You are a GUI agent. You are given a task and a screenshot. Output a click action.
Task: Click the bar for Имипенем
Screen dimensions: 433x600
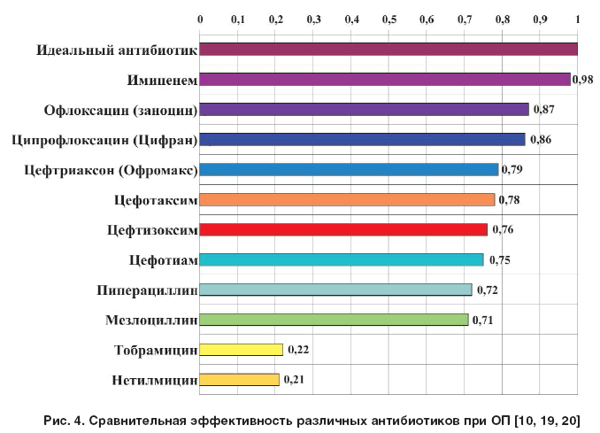click(x=385, y=80)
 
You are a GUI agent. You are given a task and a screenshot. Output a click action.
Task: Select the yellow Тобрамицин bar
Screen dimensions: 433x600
click(x=242, y=350)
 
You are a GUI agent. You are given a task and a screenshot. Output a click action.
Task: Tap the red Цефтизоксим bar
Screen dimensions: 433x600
click(x=343, y=230)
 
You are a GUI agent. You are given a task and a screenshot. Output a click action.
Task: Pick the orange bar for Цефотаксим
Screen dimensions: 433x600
click(x=347, y=200)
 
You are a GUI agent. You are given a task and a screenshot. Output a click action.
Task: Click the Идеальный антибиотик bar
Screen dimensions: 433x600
click(x=388, y=50)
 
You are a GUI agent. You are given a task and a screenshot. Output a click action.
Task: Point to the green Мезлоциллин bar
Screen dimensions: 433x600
click(x=334, y=320)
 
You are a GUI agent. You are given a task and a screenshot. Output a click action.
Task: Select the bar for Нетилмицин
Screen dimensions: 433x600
click(x=239, y=380)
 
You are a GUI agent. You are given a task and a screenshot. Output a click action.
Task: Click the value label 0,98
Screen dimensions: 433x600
click(x=582, y=80)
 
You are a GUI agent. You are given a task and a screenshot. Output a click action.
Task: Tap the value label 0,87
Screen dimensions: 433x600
click(x=542, y=110)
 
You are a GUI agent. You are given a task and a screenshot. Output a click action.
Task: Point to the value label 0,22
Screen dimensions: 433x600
click(x=298, y=350)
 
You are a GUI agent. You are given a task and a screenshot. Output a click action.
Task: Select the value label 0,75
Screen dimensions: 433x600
click(x=498, y=259)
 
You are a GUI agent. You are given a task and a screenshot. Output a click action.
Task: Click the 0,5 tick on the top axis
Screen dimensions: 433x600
click(x=389, y=19)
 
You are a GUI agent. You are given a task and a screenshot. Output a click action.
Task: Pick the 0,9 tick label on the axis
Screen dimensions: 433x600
click(x=540, y=19)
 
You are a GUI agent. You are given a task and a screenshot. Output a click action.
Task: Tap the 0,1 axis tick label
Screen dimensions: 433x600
click(x=238, y=19)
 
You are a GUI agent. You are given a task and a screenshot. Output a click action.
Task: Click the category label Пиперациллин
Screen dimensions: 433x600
click(x=147, y=290)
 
